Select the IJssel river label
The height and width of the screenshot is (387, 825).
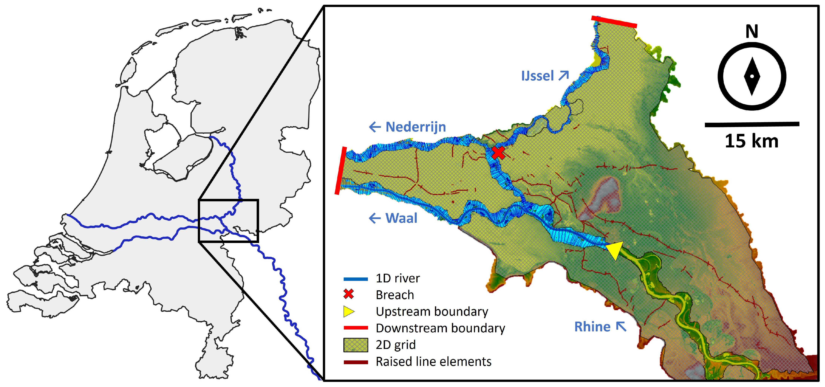click(x=537, y=76)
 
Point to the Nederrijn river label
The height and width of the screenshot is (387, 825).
click(x=415, y=127)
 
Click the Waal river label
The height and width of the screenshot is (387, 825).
click(x=401, y=218)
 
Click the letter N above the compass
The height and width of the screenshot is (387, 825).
click(x=752, y=31)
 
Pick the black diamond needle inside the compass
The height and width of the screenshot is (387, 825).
click(x=752, y=77)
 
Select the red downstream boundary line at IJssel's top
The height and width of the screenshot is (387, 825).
click(x=614, y=22)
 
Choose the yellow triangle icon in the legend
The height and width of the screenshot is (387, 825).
click(x=348, y=311)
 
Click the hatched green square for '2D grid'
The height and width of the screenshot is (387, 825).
click(x=355, y=345)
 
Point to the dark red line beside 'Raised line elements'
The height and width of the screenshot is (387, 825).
click(x=355, y=362)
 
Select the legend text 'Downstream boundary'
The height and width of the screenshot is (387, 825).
click(x=440, y=328)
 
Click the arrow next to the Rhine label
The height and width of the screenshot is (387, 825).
click(x=621, y=326)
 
